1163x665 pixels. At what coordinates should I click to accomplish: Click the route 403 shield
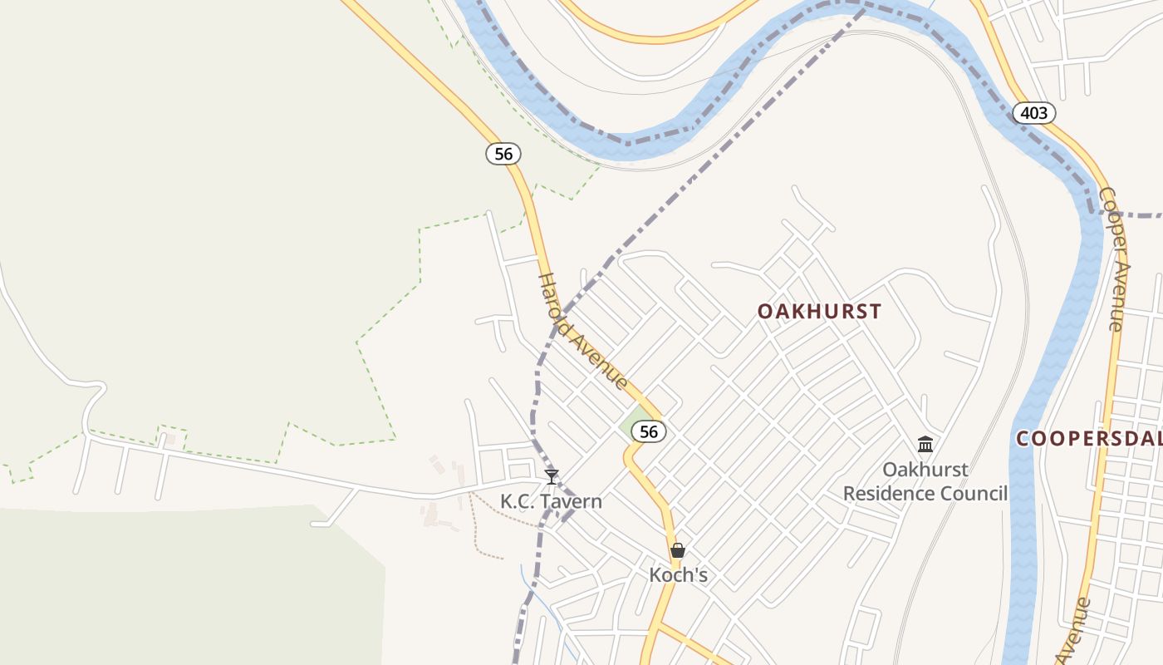click(1033, 112)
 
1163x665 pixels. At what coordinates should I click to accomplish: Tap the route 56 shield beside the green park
click(649, 431)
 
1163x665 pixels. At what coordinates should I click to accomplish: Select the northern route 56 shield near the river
click(503, 154)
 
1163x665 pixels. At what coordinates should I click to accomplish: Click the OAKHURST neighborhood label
click(819, 312)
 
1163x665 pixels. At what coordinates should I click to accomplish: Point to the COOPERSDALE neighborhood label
click(1089, 439)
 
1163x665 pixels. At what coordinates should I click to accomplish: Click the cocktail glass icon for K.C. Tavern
click(552, 477)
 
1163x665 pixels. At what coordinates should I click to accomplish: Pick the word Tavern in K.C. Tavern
click(573, 502)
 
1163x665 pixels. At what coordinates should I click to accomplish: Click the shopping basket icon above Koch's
click(678, 550)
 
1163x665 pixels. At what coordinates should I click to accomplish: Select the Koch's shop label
click(678, 575)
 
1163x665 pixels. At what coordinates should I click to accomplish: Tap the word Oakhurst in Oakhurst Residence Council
click(925, 470)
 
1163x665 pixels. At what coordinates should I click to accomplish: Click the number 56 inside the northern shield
click(503, 154)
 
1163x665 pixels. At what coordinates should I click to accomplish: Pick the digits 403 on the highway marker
click(1033, 112)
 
